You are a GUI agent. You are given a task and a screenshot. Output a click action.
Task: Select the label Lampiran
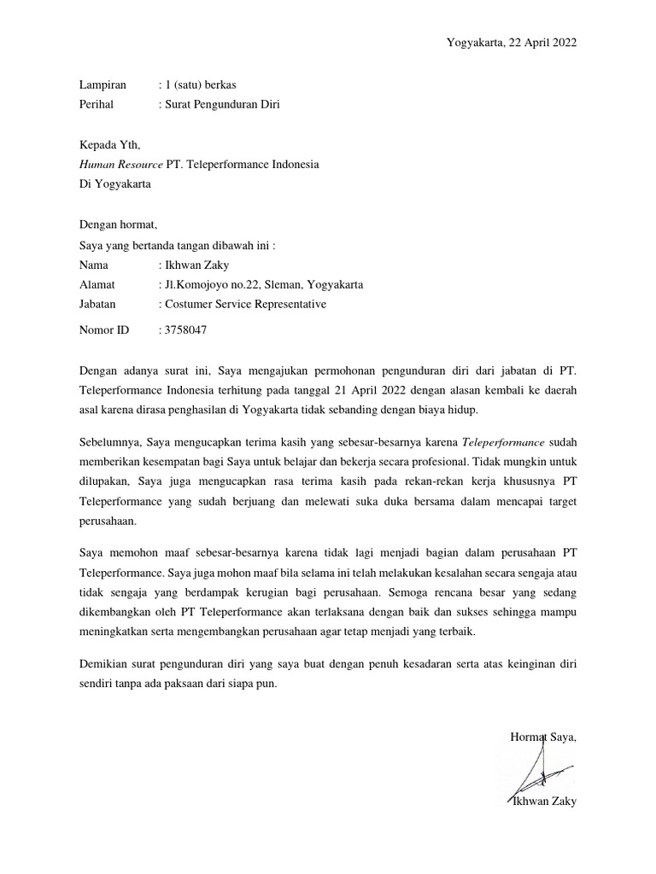coord(102,84)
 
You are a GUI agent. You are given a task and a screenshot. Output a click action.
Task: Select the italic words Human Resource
coord(120,164)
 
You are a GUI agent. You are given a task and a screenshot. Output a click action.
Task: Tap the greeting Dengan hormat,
coord(118,224)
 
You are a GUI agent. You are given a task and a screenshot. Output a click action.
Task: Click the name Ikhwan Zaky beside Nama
coord(197,265)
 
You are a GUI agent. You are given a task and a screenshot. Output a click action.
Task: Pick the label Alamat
coord(97,285)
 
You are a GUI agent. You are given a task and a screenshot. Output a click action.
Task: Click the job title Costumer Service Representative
coord(245,304)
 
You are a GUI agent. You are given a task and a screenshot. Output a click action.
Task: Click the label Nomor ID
coord(103,329)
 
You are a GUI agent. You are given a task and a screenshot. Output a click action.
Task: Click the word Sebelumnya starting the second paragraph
coord(110,442)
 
